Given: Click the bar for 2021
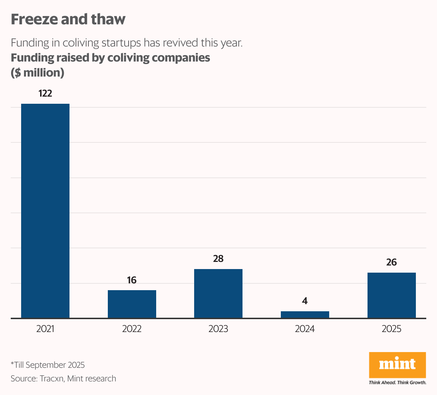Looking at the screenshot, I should (45, 211).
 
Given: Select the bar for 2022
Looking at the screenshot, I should (132, 304).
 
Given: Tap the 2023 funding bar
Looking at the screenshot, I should (218, 293).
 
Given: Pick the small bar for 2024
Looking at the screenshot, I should (305, 314).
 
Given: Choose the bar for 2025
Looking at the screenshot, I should (392, 295).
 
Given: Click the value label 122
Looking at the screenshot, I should (45, 93).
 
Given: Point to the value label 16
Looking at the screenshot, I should (132, 280).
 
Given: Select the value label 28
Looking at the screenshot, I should (218, 259).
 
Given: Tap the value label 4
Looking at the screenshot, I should (305, 301).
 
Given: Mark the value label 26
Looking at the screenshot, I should (392, 262).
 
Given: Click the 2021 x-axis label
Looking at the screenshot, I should (45, 329).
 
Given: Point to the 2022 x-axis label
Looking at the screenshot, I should (132, 329).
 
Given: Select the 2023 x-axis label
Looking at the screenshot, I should (218, 329).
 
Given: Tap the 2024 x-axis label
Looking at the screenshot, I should (305, 329).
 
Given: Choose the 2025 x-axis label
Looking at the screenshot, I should (392, 329).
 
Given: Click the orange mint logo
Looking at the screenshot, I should (397, 365).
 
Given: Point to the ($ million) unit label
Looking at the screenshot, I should (38, 73).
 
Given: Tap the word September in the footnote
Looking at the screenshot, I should (45, 365).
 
